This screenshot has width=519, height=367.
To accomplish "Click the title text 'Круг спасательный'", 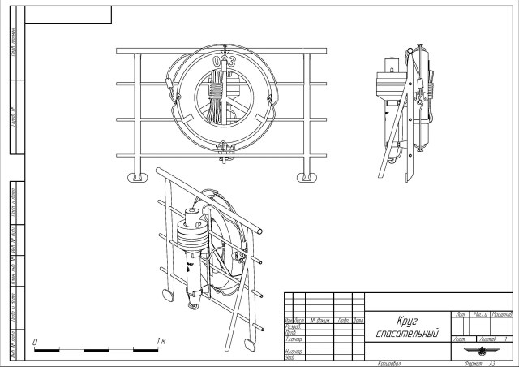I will click(x=407, y=327).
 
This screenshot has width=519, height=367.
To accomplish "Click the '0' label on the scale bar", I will click(x=35, y=341).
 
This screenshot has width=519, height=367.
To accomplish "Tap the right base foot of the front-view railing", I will click(x=307, y=176).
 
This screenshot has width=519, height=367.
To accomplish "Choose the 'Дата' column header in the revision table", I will click(x=358, y=320).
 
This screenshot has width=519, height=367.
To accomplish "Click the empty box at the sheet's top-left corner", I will click(x=68, y=14).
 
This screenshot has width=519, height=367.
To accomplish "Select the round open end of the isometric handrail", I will click(x=260, y=232).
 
